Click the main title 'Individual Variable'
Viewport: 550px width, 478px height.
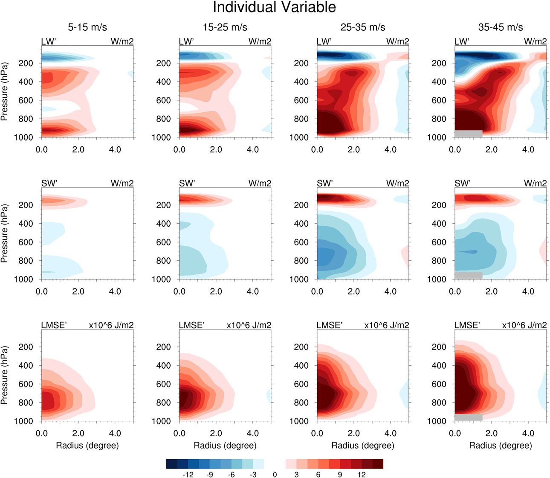point(274,7)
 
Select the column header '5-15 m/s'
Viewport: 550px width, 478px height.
point(87,27)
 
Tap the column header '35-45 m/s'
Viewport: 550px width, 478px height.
point(501,27)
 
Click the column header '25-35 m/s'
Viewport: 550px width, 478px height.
point(363,27)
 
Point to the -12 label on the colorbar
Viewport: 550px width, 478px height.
point(188,474)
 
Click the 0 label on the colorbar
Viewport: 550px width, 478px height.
point(275,474)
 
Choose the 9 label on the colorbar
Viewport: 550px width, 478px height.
point(340,474)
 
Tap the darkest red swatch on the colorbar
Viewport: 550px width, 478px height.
point(378,464)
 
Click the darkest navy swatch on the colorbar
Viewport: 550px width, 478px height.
point(171,464)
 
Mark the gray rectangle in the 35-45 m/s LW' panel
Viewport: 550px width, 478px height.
point(469,134)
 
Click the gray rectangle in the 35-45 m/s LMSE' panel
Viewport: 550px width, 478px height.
point(469,417)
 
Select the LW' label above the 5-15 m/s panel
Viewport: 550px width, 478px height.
point(49,41)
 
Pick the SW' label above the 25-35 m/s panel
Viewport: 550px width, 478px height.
point(325,184)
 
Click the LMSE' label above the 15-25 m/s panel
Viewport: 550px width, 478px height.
point(192,325)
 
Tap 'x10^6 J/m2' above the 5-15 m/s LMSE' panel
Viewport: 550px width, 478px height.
point(111,325)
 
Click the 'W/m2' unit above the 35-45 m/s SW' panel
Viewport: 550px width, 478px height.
point(535,184)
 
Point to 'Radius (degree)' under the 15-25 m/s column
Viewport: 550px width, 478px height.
point(225,446)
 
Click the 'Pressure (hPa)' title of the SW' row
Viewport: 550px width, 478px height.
point(5,233)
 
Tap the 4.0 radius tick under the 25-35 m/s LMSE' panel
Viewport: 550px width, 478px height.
point(390,434)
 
